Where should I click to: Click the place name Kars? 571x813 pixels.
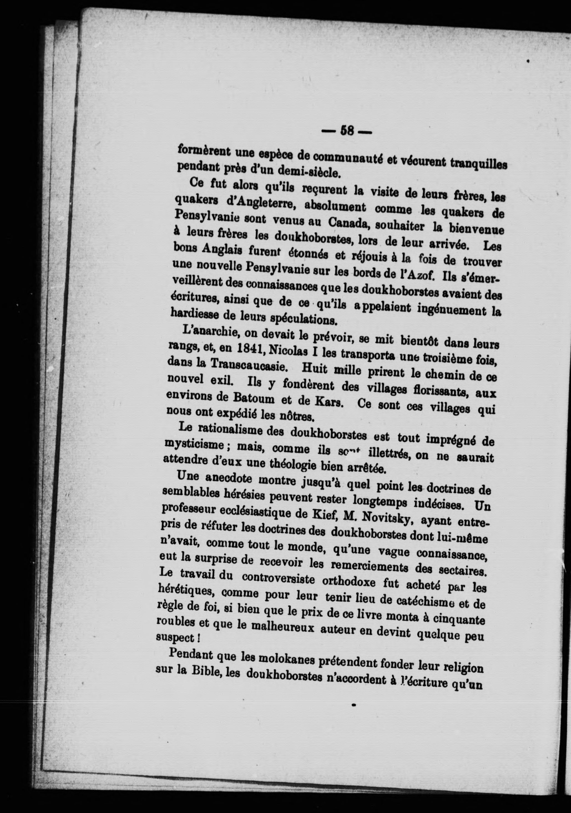click(x=328, y=402)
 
